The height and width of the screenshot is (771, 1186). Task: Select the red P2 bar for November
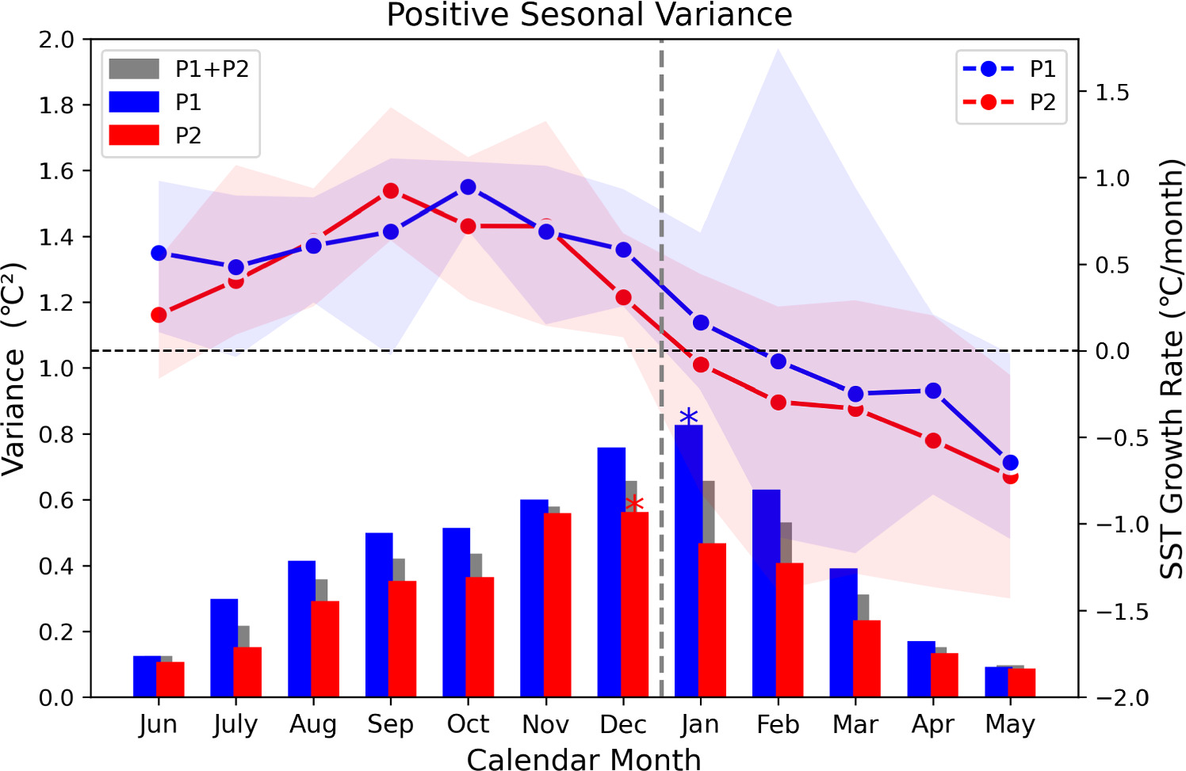(557, 605)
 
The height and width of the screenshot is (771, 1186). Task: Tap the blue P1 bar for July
(224, 648)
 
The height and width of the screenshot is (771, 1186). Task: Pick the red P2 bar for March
(867, 658)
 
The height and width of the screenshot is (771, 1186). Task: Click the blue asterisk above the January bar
(688, 417)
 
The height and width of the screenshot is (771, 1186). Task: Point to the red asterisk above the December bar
(634, 504)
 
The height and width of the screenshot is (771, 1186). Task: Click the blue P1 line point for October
(468, 187)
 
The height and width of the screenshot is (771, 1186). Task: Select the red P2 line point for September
(390, 191)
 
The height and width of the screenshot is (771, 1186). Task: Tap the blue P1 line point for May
(1010, 463)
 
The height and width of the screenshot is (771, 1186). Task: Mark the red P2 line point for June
(159, 315)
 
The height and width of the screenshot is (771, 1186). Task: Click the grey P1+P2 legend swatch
(133, 69)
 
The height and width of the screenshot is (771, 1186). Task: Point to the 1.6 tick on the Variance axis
(56, 171)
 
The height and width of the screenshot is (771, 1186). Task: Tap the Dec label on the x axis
(623, 724)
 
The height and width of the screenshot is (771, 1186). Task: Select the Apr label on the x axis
(932, 724)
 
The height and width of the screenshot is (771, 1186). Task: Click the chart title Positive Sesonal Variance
(589, 15)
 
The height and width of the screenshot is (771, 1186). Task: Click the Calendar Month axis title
(583, 759)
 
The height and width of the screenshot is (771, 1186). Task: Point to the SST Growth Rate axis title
(1171, 368)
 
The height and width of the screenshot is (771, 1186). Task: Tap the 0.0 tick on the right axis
(1112, 351)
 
